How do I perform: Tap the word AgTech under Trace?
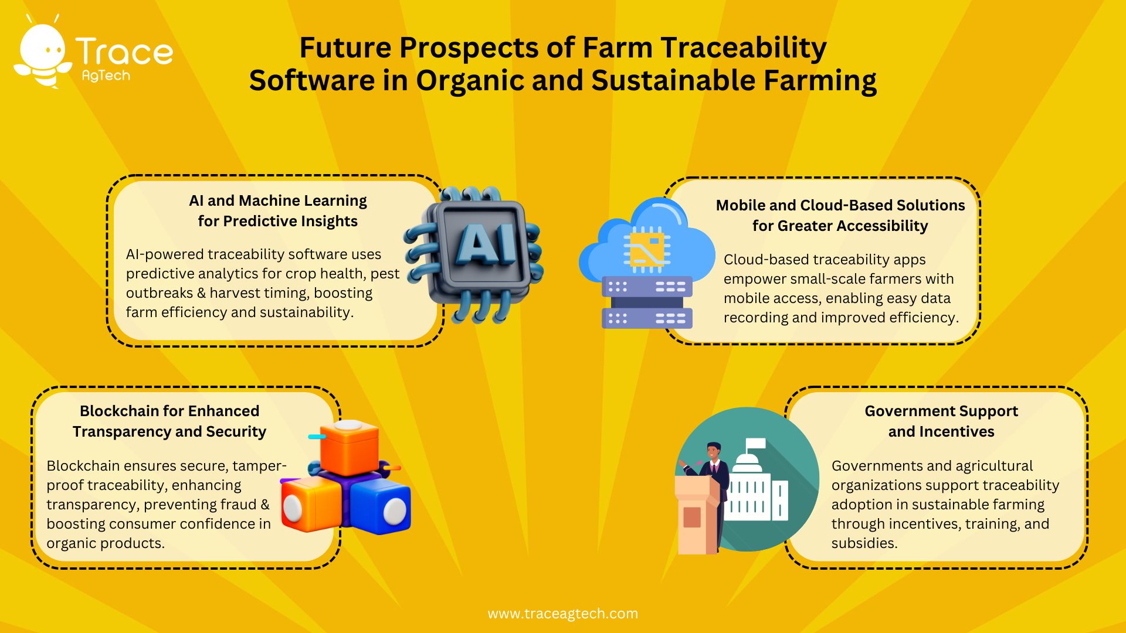(x=106, y=76)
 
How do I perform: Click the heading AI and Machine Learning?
(x=277, y=201)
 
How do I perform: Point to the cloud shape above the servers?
(x=645, y=240)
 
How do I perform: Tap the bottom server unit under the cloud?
(x=647, y=318)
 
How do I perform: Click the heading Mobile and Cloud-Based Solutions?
(x=840, y=206)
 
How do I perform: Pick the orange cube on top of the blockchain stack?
(x=350, y=447)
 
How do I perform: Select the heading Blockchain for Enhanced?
(x=169, y=411)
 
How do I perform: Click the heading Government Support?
(x=941, y=411)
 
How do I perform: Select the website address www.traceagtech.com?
(x=562, y=614)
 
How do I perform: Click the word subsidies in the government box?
(x=864, y=543)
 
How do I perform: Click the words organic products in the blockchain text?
(x=106, y=543)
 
